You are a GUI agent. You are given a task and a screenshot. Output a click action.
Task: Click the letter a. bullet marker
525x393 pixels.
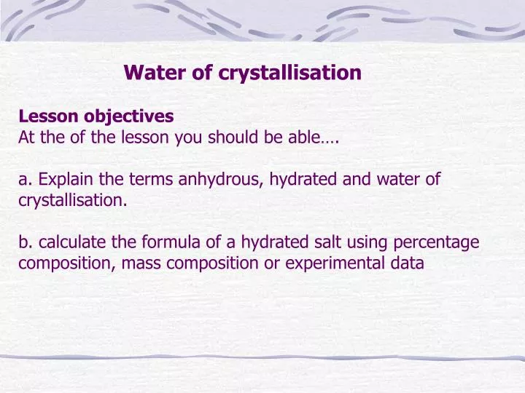[x=26, y=179]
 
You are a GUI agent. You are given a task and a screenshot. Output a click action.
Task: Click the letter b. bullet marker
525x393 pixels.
[x=26, y=242]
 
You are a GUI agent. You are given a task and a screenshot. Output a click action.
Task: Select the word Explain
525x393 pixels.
[x=65, y=179]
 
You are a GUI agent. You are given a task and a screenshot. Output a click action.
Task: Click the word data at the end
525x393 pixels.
[x=408, y=263]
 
